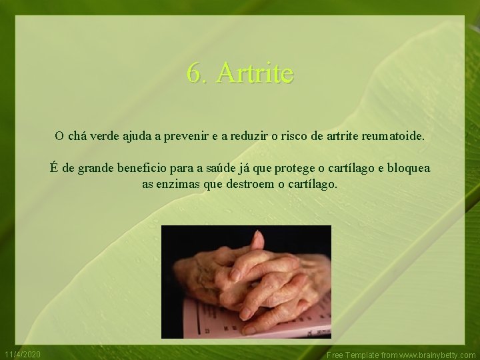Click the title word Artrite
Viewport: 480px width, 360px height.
coord(255,73)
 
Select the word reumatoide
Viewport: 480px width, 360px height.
coord(393,136)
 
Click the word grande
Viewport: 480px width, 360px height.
coord(96,168)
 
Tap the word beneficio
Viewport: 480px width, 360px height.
coord(141,168)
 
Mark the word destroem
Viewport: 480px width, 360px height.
coord(249,184)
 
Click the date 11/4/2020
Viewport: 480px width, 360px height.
coord(23,354)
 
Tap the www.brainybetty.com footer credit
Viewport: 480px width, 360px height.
coord(437,355)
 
